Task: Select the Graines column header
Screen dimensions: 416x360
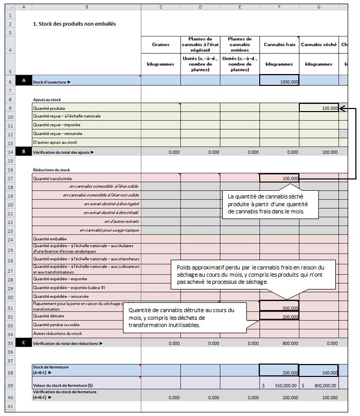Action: pyautogui.click(x=160, y=45)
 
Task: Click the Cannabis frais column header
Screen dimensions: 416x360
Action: pyautogui.click(x=279, y=45)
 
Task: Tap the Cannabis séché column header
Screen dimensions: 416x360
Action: pyautogui.click(x=318, y=45)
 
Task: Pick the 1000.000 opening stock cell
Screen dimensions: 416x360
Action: pyautogui.click(x=279, y=81)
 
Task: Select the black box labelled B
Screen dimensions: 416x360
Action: pyautogui.click(x=24, y=152)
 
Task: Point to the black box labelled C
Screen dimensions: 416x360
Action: pyautogui.click(x=24, y=342)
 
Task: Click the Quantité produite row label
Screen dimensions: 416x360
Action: pyautogui.click(x=49, y=108)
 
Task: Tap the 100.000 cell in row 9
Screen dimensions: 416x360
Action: pyautogui.click(x=318, y=108)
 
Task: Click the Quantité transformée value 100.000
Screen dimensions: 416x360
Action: pyautogui.click(x=279, y=178)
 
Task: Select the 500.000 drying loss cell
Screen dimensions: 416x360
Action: pyautogui.click(x=279, y=308)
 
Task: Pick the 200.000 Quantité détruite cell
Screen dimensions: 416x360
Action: pyautogui.click(x=279, y=316)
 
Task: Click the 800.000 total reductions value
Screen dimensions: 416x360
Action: pyautogui.click(x=279, y=343)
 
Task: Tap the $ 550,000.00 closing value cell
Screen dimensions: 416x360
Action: pyautogui.click(x=279, y=385)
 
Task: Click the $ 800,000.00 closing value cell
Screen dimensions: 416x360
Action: pyautogui.click(x=318, y=385)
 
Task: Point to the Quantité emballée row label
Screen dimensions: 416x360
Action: pyautogui.click(x=49, y=239)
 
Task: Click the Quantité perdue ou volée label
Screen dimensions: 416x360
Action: pyautogui.click(x=57, y=325)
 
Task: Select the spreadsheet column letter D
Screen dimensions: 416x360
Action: pyautogui.click(x=200, y=7)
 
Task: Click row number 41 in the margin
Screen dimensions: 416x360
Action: pyautogui.click(x=10, y=406)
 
